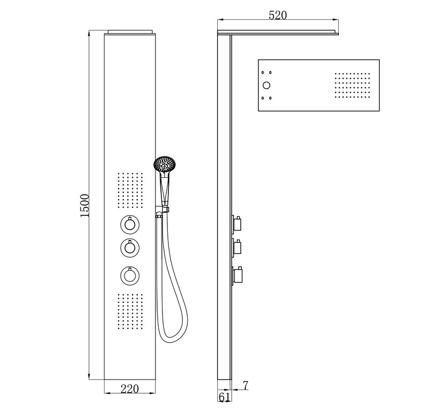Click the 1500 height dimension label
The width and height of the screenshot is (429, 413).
coord(84,205)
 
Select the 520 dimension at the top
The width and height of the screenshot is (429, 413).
coord(277,16)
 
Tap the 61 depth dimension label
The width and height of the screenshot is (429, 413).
coord(224,397)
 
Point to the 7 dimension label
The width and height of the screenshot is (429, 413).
coord(245,385)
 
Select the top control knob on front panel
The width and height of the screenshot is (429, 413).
coord(129,223)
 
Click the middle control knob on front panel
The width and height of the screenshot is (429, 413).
coord(129,247)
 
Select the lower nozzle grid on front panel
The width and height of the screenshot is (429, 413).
coord(129,311)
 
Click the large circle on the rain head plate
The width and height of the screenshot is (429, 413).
coord(265,85)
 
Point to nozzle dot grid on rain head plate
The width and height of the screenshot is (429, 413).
coord(351,85)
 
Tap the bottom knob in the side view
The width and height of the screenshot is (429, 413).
coord(238,276)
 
